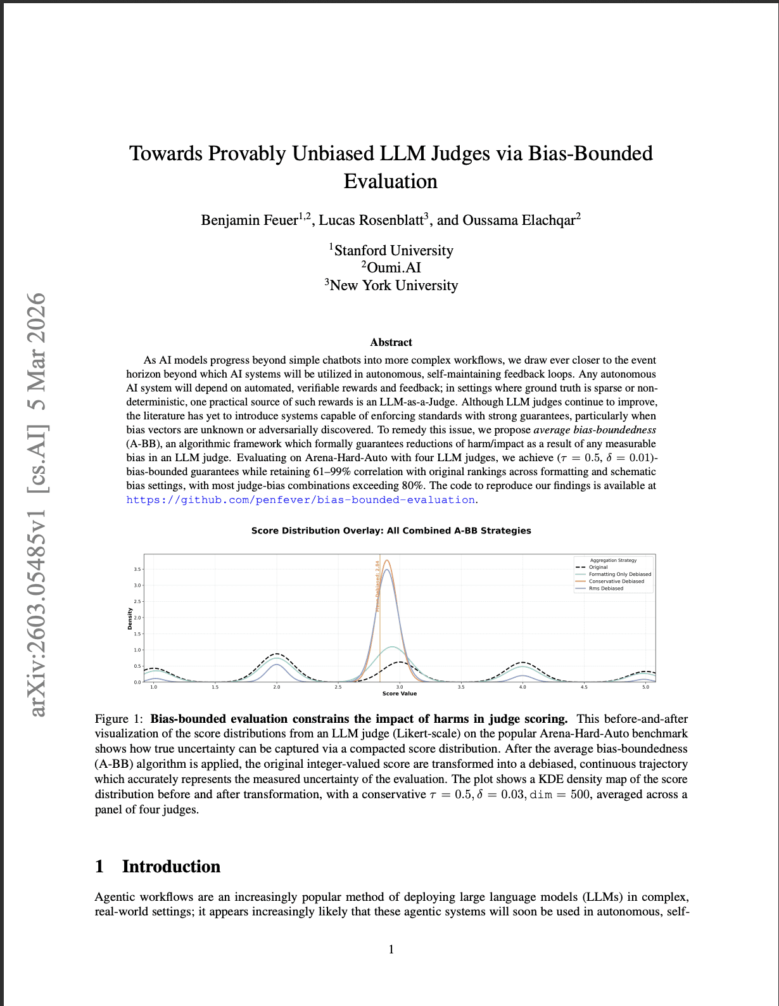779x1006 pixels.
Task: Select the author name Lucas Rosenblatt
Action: click(371, 220)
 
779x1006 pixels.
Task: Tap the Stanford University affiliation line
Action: click(393, 251)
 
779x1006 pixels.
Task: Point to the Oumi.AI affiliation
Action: click(393, 268)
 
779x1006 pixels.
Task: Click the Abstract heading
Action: click(391, 342)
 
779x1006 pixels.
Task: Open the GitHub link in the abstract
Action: click(301, 500)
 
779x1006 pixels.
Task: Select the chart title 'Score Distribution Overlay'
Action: click(391, 531)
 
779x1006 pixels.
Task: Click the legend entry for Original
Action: click(598, 567)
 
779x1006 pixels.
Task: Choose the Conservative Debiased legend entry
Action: click(616, 581)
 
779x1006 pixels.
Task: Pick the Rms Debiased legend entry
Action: click(605, 589)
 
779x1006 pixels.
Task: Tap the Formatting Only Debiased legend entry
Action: click(619, 574)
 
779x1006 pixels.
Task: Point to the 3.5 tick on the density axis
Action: click(137, 569)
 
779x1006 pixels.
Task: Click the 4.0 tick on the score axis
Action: click(522, 687)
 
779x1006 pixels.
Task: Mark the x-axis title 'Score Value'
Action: click(400, 694)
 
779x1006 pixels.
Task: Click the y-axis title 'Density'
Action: click(130, 618)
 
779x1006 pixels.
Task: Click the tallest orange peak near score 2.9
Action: click(386, 561)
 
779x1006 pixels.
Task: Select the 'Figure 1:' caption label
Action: click(120, 719)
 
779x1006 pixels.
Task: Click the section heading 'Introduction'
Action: click(171, 867)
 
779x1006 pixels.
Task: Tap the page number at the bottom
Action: click(391, 949)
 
